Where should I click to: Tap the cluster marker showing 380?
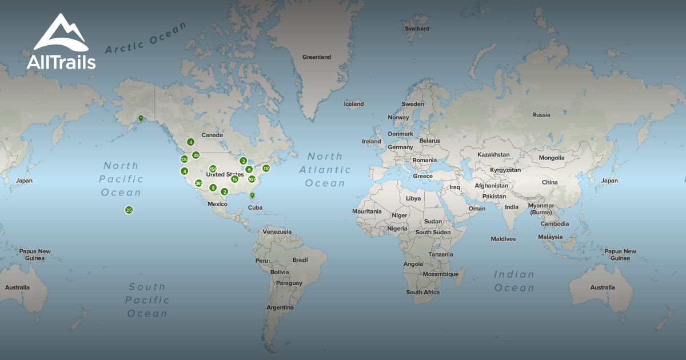[x=198, y=183]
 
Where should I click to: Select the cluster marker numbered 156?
[x=213, y=169]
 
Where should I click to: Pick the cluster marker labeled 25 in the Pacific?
[x=129, y=210]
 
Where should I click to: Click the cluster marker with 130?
[x=184, y=159]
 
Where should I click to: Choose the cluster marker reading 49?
[x=196, y=155]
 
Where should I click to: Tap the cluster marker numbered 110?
[x=266, y=168]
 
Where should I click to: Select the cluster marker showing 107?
[x=252, y=179]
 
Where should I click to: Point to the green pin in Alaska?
[x=141, y=119]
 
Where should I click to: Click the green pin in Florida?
[x=252, y=196]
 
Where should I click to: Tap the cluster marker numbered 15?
[x=234, y=179]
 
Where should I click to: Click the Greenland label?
[x=317, y=57]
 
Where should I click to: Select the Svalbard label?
[x=417, y=28]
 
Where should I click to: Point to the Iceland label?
[x=353, y=104]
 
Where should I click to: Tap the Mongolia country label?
[x=551, y=158]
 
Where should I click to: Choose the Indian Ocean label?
[x=514, y=281]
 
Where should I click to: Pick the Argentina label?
[x=280, y=307]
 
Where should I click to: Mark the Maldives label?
[x=503, y=239]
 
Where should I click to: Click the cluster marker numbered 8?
[x=213, y=188]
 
